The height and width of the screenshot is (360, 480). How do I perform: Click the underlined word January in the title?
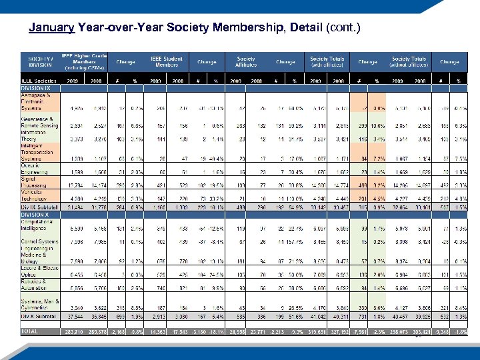[x=52, y=28]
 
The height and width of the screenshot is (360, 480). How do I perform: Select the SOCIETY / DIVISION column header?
[x=41, y=61]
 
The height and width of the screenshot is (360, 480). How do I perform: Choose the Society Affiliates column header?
[x=245, y=61]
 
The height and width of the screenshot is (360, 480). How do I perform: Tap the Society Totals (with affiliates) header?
[x=327, y=61]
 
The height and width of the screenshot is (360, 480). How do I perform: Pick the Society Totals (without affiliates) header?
[x=409, y=61]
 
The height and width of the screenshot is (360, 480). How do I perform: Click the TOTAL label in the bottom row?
[x=31, y=331]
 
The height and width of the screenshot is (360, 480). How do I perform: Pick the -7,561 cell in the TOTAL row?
[x=359, y=331]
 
